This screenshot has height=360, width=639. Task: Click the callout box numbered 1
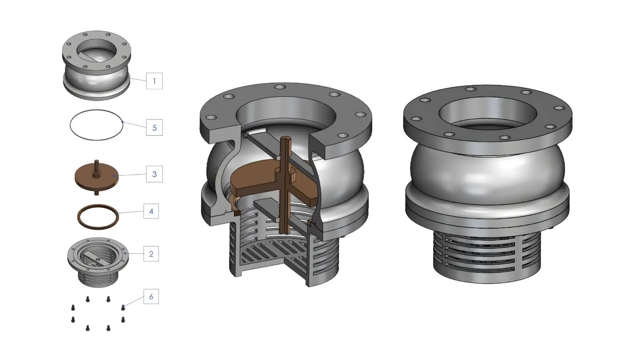[154, 81]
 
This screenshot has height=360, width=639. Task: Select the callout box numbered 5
[154, 127]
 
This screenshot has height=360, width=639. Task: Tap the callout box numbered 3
[154, 174]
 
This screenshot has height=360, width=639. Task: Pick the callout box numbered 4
[151, 211]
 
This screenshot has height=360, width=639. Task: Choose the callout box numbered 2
[151, 254]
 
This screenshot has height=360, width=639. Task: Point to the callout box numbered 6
[151, 297]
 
